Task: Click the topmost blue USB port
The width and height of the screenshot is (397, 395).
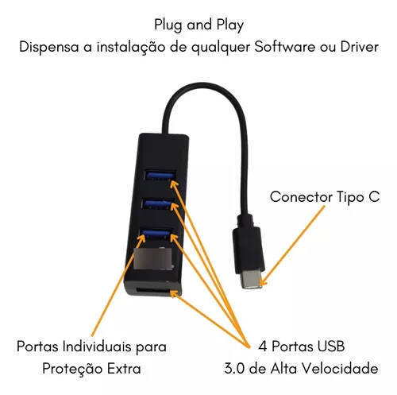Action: [x=160, y=175]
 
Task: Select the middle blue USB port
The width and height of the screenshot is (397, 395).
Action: [x=157, y=204]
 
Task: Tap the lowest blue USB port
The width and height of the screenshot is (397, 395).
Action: [x=155, y=232]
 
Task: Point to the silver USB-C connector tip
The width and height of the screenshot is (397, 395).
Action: [x=252, y=281]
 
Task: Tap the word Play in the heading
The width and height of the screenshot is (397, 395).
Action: [x=230, y=25]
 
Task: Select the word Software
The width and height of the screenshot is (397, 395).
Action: [x=284, y=47]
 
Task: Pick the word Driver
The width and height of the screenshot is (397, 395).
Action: [x=359, y=47]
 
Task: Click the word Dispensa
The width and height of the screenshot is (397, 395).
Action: [x=49, y=48]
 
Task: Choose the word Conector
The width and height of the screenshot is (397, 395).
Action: [x=301, y=197]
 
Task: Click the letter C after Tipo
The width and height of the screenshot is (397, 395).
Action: [x=374, y=197]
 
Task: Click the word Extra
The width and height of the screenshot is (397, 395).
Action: [x=124, y=369]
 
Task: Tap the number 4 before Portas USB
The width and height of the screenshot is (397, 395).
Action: [x=263, y=347]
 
